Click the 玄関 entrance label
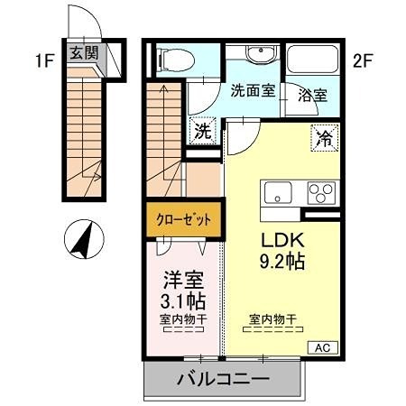tap(84, 51)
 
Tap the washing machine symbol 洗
tap(205, 131)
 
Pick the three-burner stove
tap(320, 192)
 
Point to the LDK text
tap(281, 242)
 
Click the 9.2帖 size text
tap(281, 263)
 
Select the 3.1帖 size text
tap(181, 301)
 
